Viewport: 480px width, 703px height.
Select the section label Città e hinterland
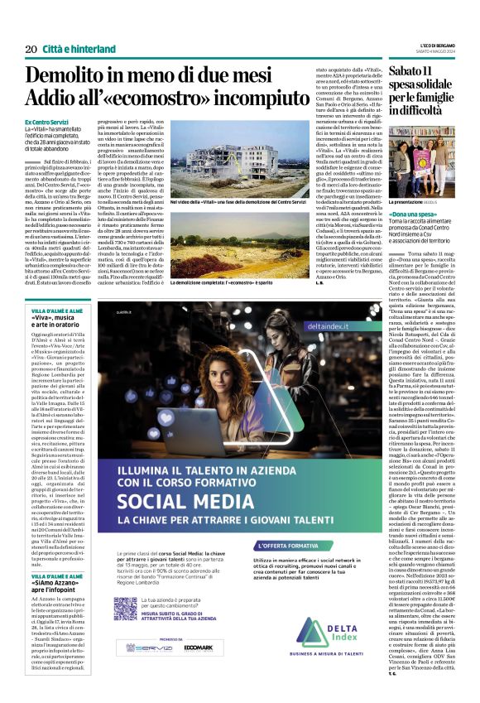pyautogui.click(x=79, y=50)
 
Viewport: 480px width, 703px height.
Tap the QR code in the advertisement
pyautogui.click(x=124, y=609)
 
